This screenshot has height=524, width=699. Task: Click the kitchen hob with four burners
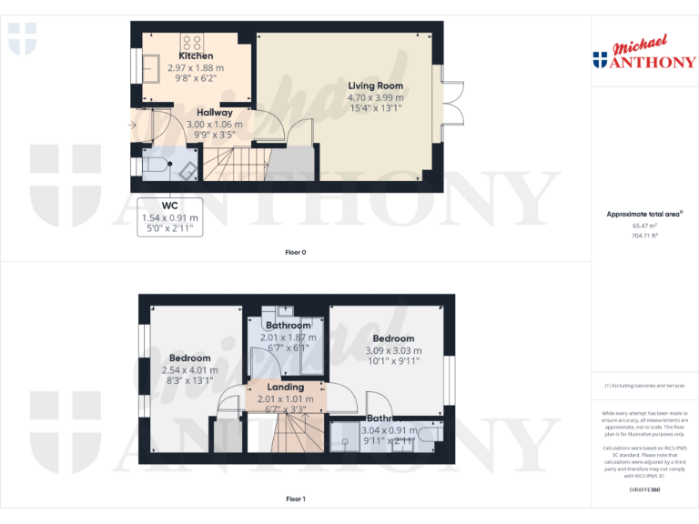coord(192,41)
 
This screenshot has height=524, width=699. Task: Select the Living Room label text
coord(375,86)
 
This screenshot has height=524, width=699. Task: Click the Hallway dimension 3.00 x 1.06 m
coord(214,124)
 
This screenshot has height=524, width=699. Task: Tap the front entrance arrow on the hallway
coord(133,125)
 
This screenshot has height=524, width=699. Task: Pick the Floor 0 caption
coord(295,252)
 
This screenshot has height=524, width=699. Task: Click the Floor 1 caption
coord(295,499)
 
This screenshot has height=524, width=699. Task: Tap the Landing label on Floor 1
coord(285,387)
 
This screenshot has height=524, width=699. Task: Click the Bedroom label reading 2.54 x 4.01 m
coord(190,370)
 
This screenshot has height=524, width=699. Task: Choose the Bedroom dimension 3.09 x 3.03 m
coord(393,350)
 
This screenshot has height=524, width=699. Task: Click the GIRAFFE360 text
coord(644,489)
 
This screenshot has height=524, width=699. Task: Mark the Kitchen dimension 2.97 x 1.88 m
coord(196,67)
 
